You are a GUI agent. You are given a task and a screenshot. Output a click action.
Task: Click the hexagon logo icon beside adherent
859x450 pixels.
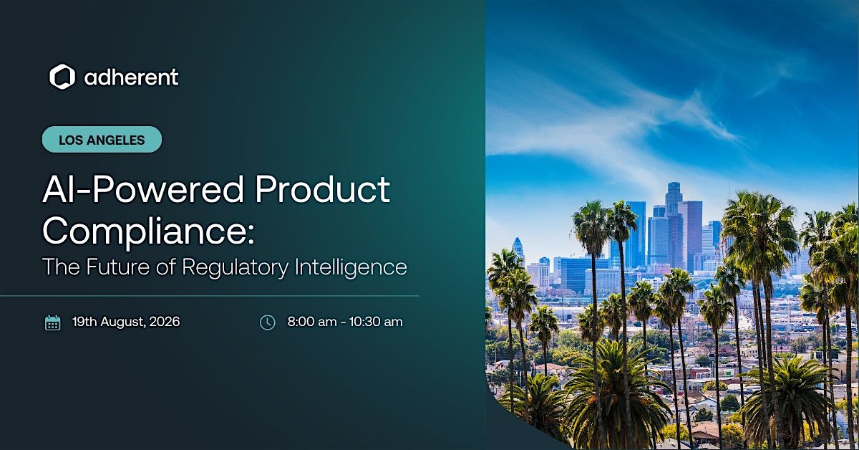point(62,77)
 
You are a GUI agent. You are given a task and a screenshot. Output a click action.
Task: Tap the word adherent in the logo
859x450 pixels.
point(131,77)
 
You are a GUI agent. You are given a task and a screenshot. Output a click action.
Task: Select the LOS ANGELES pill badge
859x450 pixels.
point(102,140)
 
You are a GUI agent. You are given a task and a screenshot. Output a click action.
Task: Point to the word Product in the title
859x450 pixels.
point(323,189)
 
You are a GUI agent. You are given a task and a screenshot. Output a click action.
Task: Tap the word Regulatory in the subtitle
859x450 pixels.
point(235,267)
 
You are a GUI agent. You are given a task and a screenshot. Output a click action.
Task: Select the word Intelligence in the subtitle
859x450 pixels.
point(351,267)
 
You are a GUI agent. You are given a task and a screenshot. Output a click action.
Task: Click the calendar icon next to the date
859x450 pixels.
point(52,322)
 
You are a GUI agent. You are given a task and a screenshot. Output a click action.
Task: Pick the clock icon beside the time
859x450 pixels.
point(267,322)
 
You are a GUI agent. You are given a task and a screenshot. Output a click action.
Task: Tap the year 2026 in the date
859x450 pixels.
point(165,322)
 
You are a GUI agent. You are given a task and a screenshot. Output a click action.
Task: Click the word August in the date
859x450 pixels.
point(123,322)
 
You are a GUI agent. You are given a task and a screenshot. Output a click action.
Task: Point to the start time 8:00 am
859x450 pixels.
point(312,322)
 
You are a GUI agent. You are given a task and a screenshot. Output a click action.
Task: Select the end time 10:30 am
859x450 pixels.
point(376,322)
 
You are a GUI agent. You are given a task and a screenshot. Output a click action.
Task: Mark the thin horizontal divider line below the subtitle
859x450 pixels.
point(209,296)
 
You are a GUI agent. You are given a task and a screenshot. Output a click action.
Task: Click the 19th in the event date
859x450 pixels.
point(84,322)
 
